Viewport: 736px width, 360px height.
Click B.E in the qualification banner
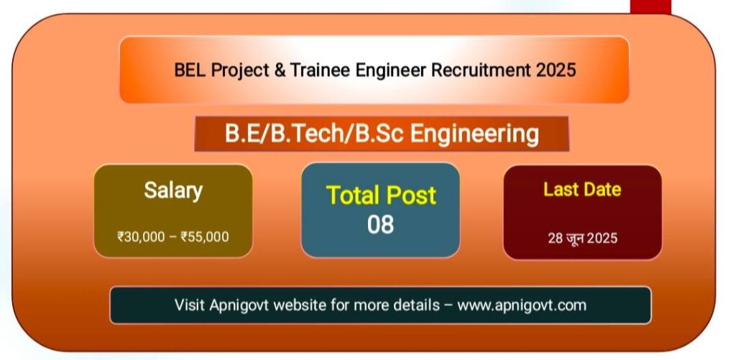239,134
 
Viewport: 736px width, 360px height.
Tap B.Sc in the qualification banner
378,134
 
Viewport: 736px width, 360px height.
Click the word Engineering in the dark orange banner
474,134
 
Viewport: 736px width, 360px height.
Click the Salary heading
173,191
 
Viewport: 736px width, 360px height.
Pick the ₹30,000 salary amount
141,236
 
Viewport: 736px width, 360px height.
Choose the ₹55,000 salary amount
205,236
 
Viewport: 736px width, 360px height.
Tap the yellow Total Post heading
381,195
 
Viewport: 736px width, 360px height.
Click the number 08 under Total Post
380,225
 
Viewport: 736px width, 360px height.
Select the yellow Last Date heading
582,190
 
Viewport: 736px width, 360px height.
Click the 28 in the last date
556,239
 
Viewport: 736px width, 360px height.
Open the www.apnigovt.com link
522,305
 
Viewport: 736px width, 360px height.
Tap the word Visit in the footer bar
190,305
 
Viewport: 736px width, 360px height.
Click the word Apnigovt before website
239,305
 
